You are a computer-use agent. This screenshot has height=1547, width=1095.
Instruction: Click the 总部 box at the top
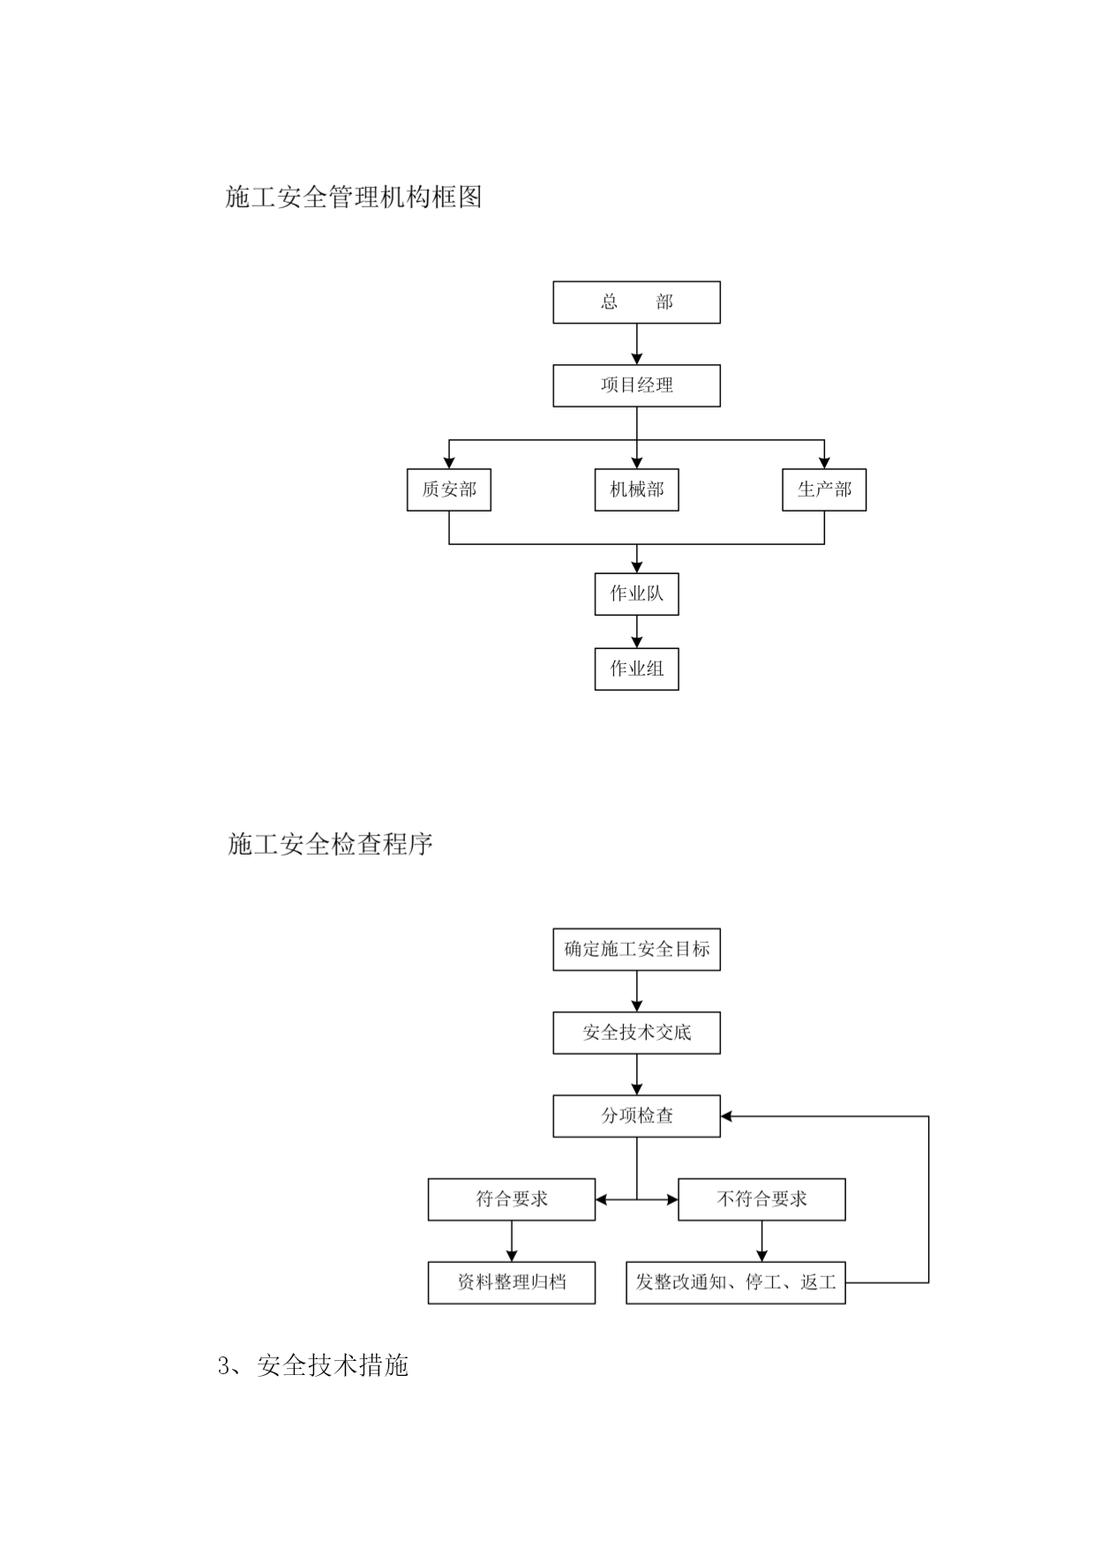pos(636,303)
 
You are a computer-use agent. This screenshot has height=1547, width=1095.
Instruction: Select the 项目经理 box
pos(636,385)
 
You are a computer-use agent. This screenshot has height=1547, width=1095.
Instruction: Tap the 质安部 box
pos(449,490)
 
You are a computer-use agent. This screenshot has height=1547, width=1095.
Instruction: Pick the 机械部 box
pos(636,490)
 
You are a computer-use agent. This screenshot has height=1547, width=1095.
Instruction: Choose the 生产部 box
pos(824,490)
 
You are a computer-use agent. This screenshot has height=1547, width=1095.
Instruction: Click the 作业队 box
pos(636,594)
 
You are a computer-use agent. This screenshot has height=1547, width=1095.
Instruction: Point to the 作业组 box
pos(636,669)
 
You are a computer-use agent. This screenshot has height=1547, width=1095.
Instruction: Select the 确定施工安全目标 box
pos(636,950)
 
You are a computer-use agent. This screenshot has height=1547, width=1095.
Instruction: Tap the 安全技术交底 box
pos(636,1033)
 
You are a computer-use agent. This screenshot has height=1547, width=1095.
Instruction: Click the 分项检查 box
pos(636,1116)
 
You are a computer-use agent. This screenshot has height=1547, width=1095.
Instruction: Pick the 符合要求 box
pos(512,1199)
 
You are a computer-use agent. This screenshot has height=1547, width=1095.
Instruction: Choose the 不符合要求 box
pos(761,1199)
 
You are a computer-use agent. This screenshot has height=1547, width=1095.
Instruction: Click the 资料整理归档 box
pos(512,1282)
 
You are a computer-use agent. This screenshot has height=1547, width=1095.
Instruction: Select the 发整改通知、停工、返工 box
pos(736,1282)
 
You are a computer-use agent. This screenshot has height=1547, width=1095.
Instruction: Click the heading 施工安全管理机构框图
pos(354,197)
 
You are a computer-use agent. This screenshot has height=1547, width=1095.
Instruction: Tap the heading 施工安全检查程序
pos(330,844)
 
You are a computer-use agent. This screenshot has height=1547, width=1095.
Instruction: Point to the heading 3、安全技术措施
pos(313,1365)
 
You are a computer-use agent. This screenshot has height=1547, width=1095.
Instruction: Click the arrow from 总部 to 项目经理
pos(637,344)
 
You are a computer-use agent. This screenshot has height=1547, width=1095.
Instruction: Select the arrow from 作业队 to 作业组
pos(637,632)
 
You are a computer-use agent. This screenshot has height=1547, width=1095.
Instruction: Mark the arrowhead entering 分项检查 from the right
pos(726,1117)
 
